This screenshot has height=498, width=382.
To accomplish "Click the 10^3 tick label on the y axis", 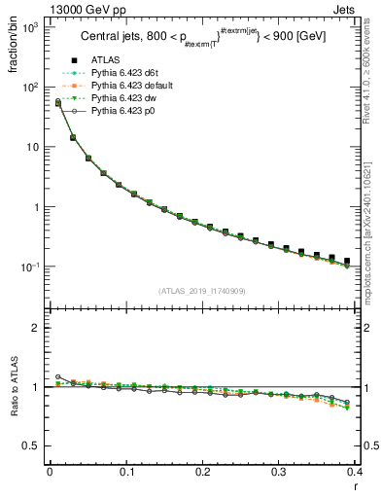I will (29, 27).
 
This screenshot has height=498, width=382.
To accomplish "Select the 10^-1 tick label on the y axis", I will (29, 267).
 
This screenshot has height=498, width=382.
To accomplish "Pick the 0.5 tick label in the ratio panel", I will (31, 445).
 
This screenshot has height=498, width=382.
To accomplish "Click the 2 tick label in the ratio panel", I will (36, 328).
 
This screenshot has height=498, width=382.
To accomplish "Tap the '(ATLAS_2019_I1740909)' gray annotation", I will (202, 291).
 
